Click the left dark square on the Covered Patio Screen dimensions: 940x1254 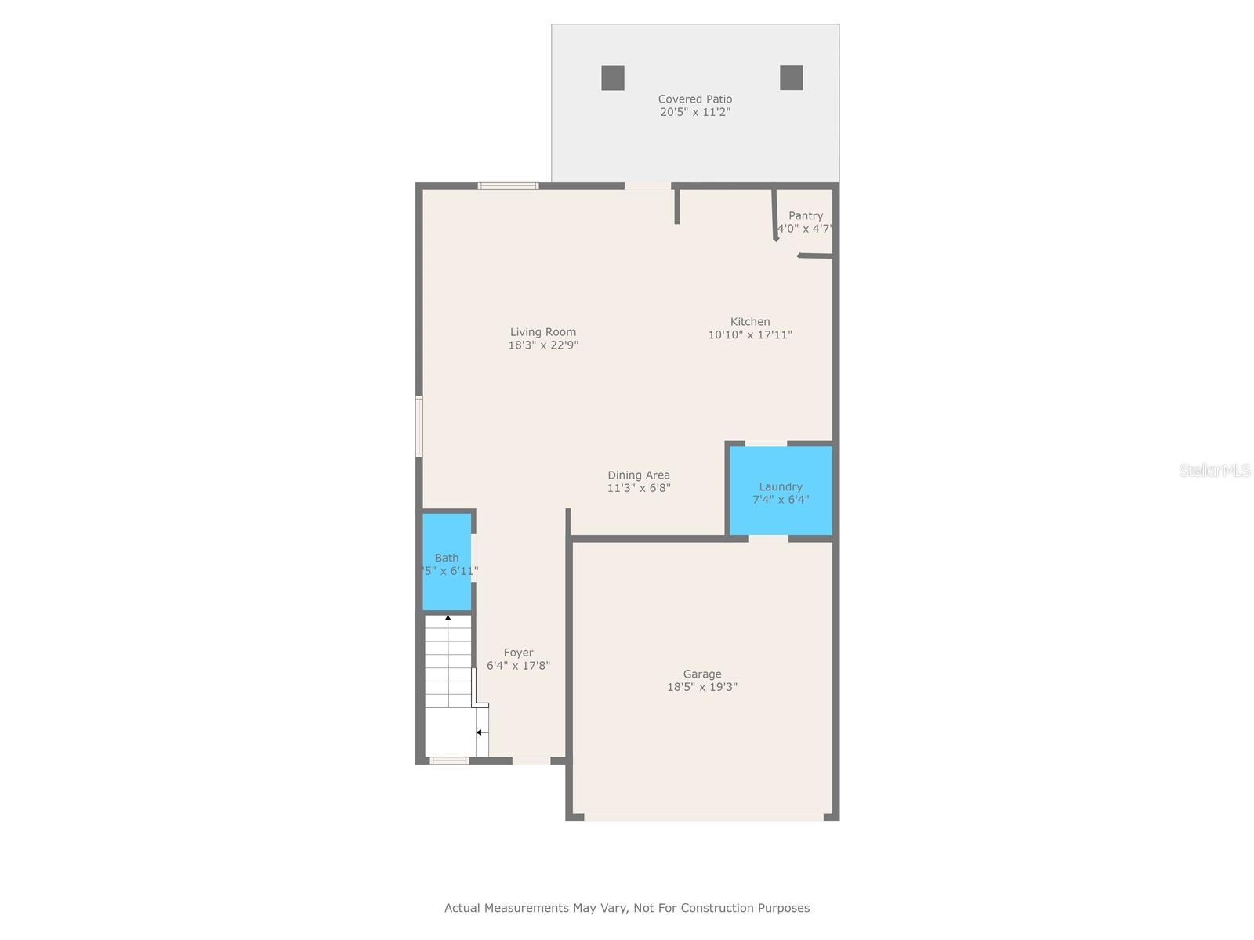(x=613, y=78)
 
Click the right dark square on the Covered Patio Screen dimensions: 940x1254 (x=792, y=78)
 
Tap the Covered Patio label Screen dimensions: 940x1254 (x=695, y=99)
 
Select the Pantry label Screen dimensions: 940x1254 (x=806, y=215)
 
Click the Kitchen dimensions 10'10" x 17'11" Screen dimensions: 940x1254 (x=750, y=334)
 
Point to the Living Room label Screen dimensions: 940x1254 (x=543, y=331)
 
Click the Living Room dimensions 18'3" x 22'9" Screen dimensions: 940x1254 (x=543, y=345)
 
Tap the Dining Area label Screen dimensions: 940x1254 (x=639, y=475)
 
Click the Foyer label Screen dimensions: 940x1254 (x=519, y=653)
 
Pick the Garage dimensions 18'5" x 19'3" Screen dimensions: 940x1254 (x=702, y=687)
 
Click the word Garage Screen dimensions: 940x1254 (x=702, y=674)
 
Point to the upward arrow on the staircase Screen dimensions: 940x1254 (x=448, y=619)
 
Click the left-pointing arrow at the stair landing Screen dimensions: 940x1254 (x=479, y=732)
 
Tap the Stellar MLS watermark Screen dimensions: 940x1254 (x=1215, y=471)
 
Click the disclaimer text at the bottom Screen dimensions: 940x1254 (x=627, y=908)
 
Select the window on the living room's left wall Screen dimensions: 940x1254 (x=419, y=426)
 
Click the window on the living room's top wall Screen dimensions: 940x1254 (x=509, y=186)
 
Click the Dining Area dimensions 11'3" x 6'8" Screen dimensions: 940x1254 (x=639, y=488)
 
